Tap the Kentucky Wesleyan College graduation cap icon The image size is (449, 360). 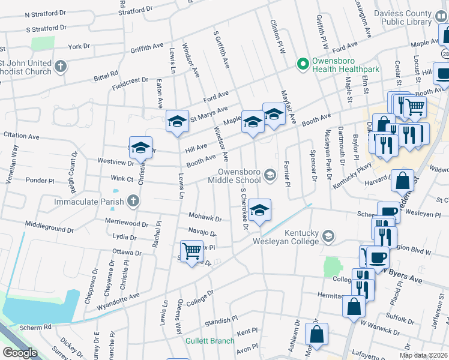[x=328, y=235]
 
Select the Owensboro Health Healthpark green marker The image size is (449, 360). [x=304, y=64]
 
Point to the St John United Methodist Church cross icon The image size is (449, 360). [x=60, y=66]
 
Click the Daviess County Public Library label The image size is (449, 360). [x=402, y=17]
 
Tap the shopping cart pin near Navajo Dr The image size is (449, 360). [x=191, y=251]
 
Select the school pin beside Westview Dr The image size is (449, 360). [x=140, y=148]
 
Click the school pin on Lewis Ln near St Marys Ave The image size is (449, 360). [x=178, y=121]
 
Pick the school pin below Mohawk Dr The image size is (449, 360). [x=260, y=210]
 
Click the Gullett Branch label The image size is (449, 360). [x=209, y=341]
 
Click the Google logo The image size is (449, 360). [x=20, y=353]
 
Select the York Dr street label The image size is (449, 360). [x=79, y=46]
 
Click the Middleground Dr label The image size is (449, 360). [x=49, y=227]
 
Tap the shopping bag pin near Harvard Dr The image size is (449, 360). [x=403, y=180]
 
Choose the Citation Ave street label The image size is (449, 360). [x=22, y=136]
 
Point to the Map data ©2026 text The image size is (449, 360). [x=424, y=355]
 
